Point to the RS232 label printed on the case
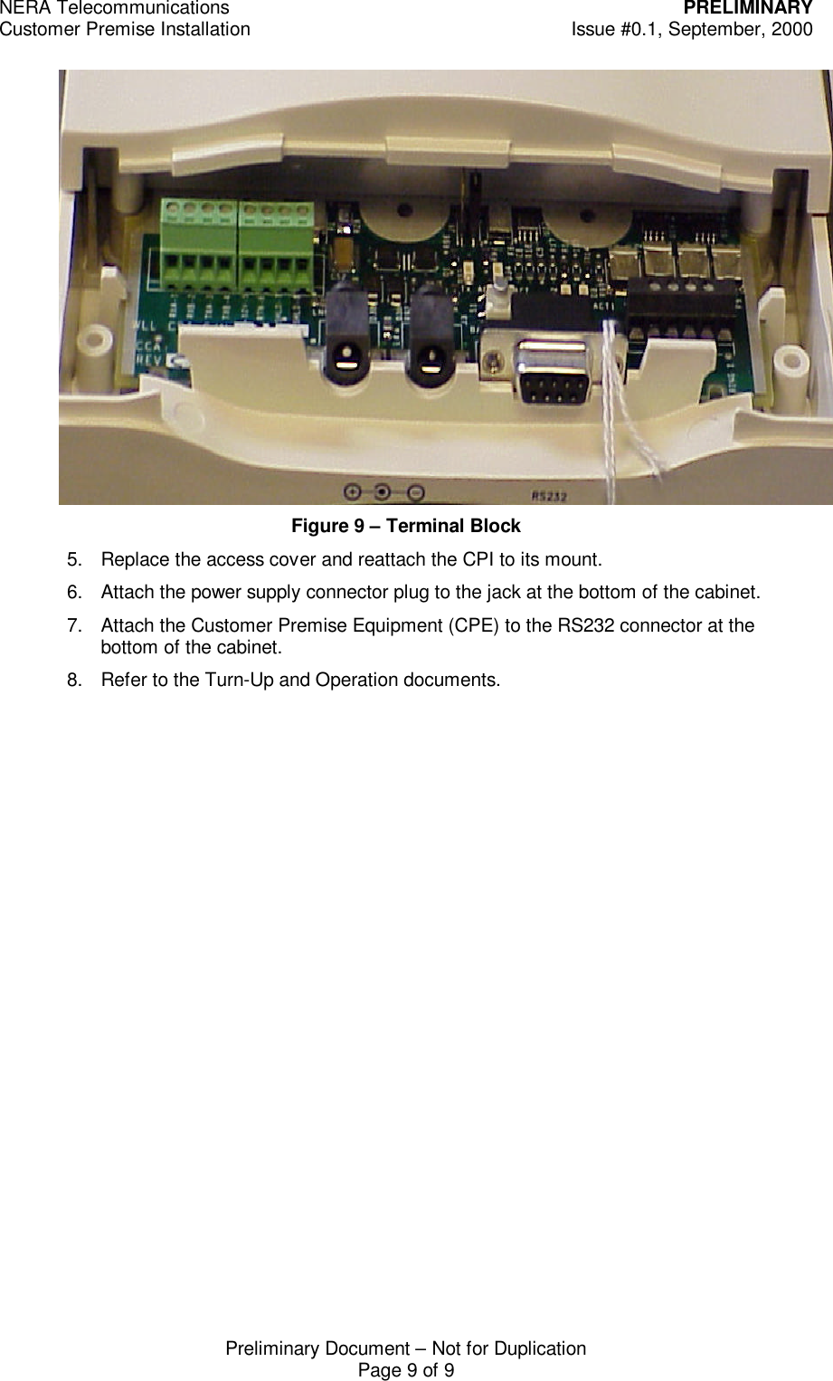click(544, 495)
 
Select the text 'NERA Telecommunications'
click(115, 9)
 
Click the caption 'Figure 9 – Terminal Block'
click(405, 526)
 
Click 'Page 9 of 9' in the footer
click(406, 1370)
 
